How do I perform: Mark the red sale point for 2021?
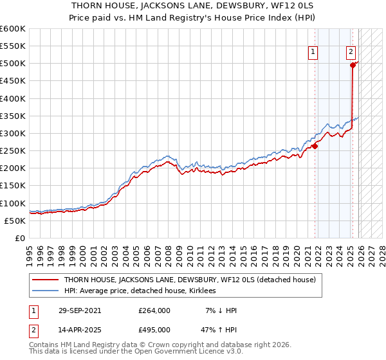315,146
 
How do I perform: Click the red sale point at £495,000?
353,65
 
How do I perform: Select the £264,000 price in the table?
154,310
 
